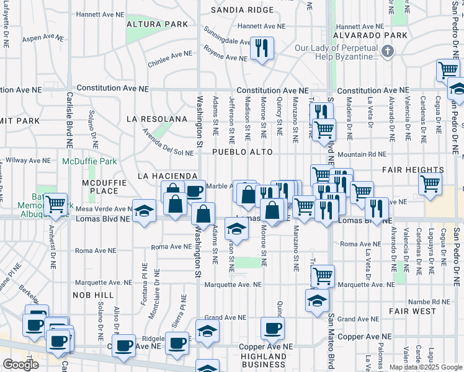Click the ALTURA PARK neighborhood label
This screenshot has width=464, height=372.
(157, 24)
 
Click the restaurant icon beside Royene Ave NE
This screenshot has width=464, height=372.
(261, 48)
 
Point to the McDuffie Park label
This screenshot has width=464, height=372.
(89, 161)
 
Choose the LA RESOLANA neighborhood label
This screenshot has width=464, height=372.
(156, 118)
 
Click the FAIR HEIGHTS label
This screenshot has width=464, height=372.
(413, 169)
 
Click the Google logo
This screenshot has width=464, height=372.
(20, 364)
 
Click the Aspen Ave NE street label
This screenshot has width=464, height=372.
(43, 38)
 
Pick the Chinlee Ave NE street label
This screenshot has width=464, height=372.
(169, 59)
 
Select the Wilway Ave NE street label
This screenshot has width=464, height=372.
(27, 160)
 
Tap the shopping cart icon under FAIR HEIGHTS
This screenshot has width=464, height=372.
(430, 184)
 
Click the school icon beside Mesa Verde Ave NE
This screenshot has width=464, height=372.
(144, 211)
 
